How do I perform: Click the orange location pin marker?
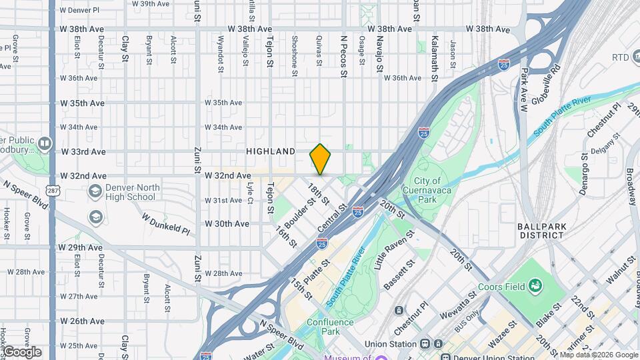(321, 159)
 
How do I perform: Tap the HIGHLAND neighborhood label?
(271, 152)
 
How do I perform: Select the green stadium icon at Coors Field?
(535, 286)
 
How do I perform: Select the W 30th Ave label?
(227, 224)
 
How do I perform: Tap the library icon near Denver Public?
(44, 143)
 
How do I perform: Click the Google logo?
(21, 351)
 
